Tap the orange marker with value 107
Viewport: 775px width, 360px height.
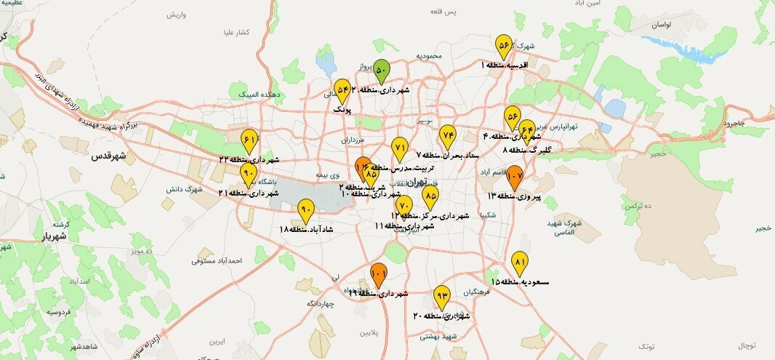pos(515,176)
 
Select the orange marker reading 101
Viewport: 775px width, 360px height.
pos(378,274)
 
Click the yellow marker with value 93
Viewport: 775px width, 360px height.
pos(441,296)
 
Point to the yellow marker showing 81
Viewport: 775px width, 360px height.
pos(519,263)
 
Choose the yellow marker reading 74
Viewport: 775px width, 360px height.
pos(447,135)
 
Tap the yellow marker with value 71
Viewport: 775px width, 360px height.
pos(399,148)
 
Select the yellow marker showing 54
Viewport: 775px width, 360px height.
pos(342,89)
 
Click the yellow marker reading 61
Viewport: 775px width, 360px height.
pos(249,140)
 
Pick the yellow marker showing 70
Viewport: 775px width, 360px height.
pos(405,207)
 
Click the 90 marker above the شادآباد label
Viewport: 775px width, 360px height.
pos(306,210)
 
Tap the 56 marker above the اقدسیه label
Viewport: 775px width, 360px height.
pos(503,46)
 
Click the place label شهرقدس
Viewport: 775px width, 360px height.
pos(109,156)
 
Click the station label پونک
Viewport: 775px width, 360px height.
pos(342,108)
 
